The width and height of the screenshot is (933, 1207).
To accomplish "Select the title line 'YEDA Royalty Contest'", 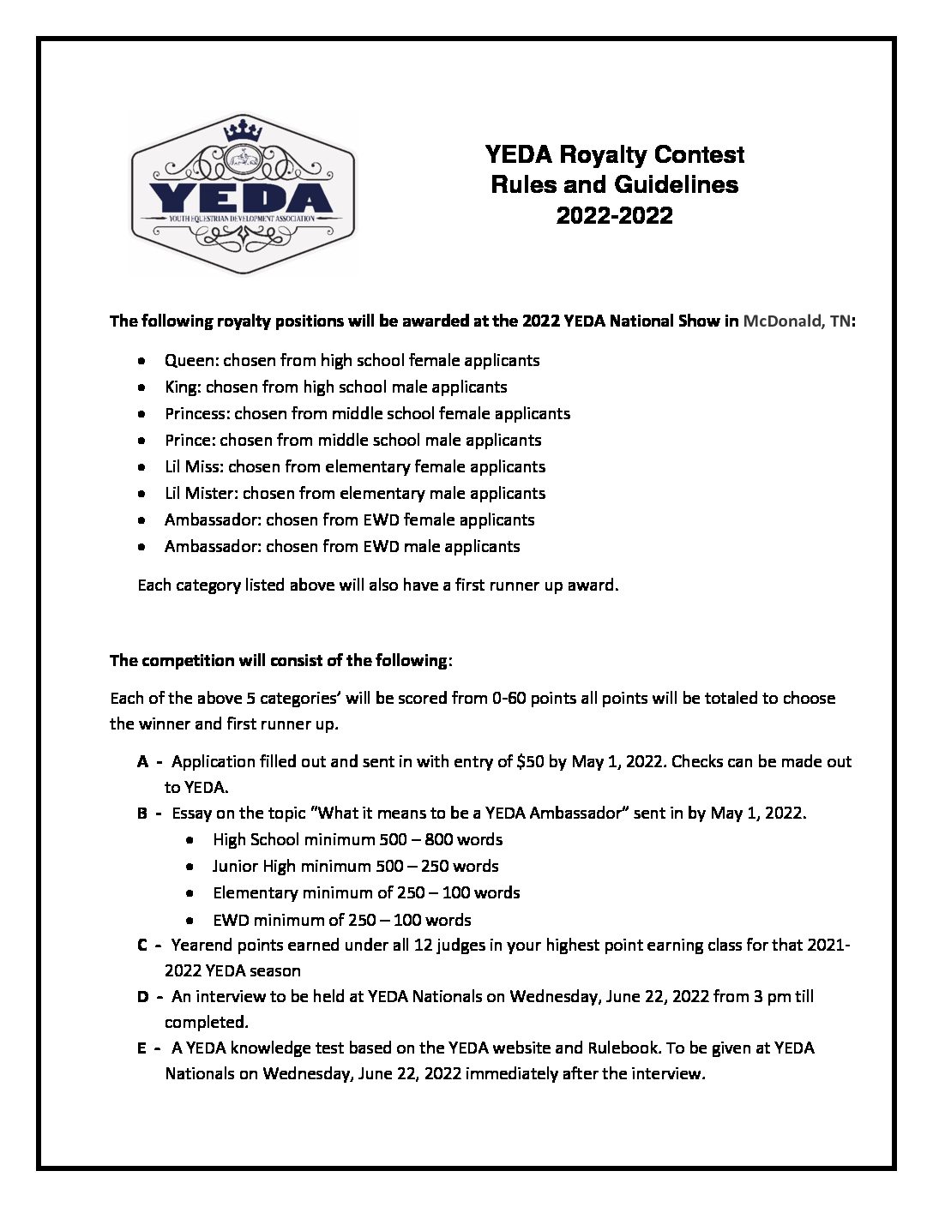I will point(614,155).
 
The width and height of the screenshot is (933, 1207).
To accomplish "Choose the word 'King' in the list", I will point(181,387).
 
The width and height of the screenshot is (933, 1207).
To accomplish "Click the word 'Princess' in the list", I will point(196,413).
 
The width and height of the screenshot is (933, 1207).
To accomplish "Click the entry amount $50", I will point(533,761).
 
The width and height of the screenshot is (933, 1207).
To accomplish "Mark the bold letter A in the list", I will point(141,761).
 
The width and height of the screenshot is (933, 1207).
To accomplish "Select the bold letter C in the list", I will point(141,946).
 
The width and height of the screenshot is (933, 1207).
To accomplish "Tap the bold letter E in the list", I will point(141,1048).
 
